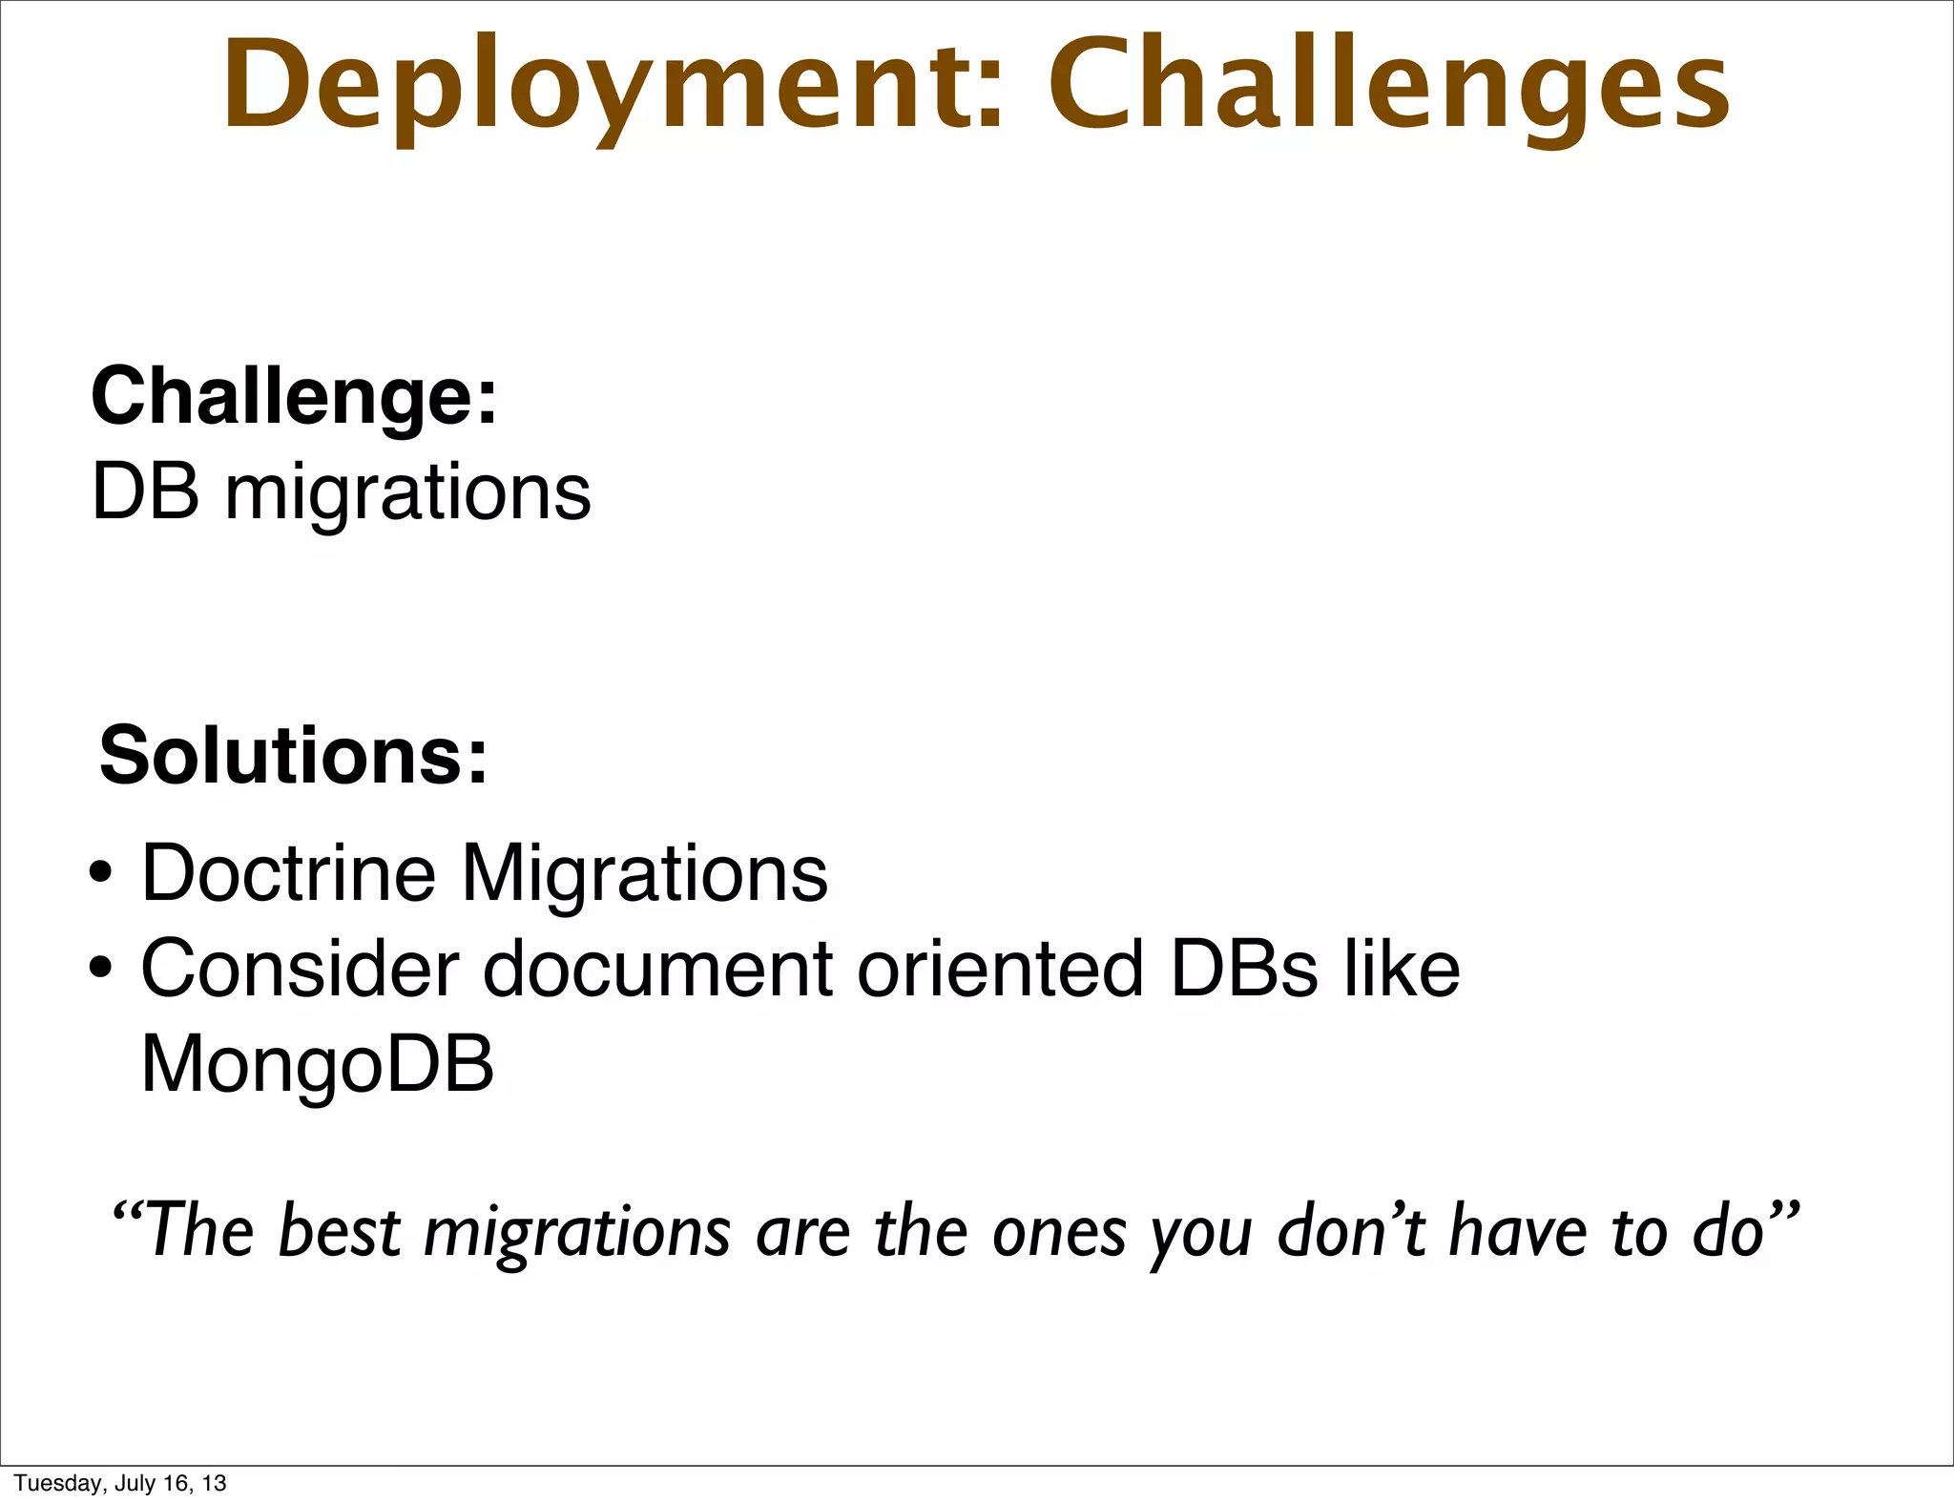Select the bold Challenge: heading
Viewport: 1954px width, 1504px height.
coord(294,396)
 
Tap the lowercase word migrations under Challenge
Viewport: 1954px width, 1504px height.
coord(407,494)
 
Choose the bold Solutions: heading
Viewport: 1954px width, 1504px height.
coord(294,755)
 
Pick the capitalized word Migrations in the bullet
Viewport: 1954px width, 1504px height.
coord(645,874)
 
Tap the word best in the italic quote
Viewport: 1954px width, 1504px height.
coord(340,1231)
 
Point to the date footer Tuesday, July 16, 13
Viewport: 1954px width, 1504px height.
coord(120,1483)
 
